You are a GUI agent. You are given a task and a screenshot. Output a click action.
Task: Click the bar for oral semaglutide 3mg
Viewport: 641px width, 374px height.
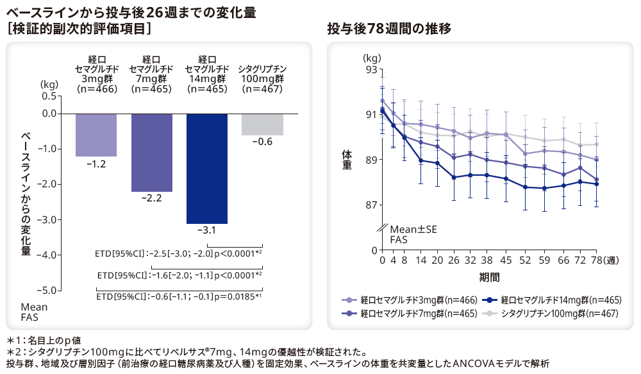point(96,135)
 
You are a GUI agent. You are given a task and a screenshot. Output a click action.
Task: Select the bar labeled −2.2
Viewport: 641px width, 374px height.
point(152,152)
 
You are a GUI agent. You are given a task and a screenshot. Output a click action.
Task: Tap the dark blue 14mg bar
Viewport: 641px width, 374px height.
point(207,168)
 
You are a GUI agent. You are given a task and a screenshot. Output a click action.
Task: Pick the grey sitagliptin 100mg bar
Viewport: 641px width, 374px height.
point(262,124)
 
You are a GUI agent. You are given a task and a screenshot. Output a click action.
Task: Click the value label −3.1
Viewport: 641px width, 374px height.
point(207,230)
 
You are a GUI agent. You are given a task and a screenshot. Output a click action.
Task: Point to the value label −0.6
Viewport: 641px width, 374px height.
point(262,141)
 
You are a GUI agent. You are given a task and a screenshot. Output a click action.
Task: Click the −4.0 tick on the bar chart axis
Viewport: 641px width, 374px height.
point(48,255)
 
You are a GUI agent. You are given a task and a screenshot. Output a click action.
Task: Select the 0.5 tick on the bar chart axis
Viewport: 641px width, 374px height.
point(49,96)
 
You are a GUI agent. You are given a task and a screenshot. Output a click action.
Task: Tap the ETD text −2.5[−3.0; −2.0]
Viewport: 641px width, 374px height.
point(181,254)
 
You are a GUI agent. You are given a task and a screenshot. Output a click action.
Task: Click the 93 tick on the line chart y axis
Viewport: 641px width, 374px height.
point(371,69)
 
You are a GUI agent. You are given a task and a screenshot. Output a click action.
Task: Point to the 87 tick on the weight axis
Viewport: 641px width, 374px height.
point(371,205)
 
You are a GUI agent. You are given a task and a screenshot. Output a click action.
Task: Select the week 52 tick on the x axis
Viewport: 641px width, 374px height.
point(526,261)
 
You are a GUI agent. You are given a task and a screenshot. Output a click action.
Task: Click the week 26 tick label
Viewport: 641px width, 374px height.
point(454,261)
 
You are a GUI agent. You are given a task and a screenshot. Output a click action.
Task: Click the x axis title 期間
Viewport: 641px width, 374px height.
point(489,277)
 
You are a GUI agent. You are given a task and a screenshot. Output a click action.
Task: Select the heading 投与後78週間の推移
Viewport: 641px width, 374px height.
point(389,28)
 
